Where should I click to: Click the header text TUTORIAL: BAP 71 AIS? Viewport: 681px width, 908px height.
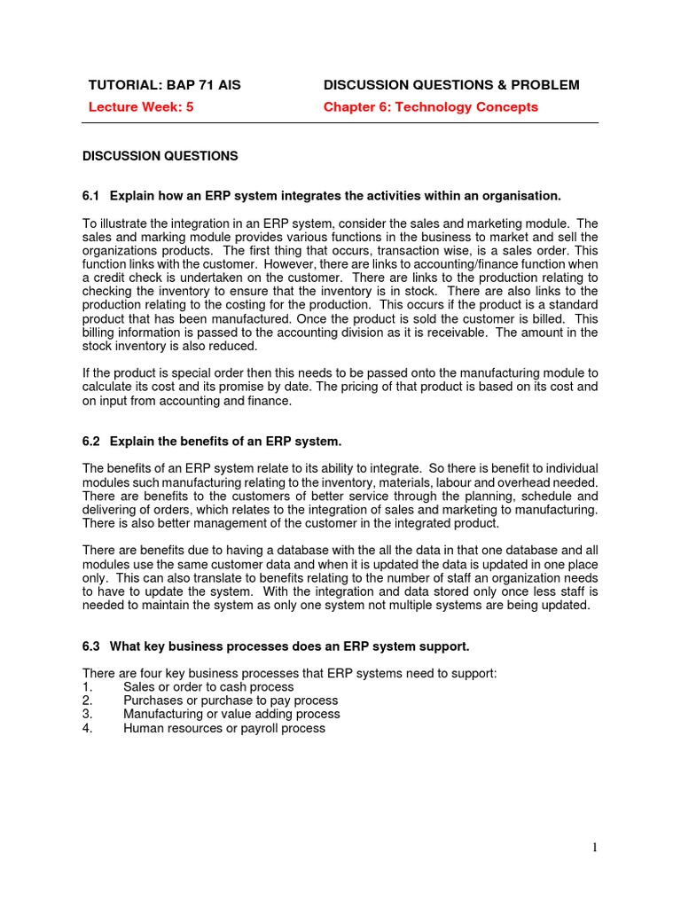(164, 85)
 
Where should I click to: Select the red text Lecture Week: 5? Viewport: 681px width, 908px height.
(141, 107)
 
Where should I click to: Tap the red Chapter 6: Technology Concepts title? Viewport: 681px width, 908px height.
(430, 107)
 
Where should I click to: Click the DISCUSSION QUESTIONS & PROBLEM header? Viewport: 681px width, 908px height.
(451, 85)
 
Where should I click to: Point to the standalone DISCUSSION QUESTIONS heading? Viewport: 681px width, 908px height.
(160, 156)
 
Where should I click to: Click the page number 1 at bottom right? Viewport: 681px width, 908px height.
(595, 848)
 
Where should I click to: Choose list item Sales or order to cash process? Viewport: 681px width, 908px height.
(208, 687)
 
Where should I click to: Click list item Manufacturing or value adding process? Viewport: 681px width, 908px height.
(231, 714)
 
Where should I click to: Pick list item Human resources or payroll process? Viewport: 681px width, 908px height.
(224, 728)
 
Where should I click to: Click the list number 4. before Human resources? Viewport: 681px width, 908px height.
(87, 728)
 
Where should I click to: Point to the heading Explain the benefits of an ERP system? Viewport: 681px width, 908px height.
(225, 442)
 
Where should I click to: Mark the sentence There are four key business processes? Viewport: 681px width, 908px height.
(289, 673)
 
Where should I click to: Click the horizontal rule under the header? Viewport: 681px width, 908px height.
(340, 123)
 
